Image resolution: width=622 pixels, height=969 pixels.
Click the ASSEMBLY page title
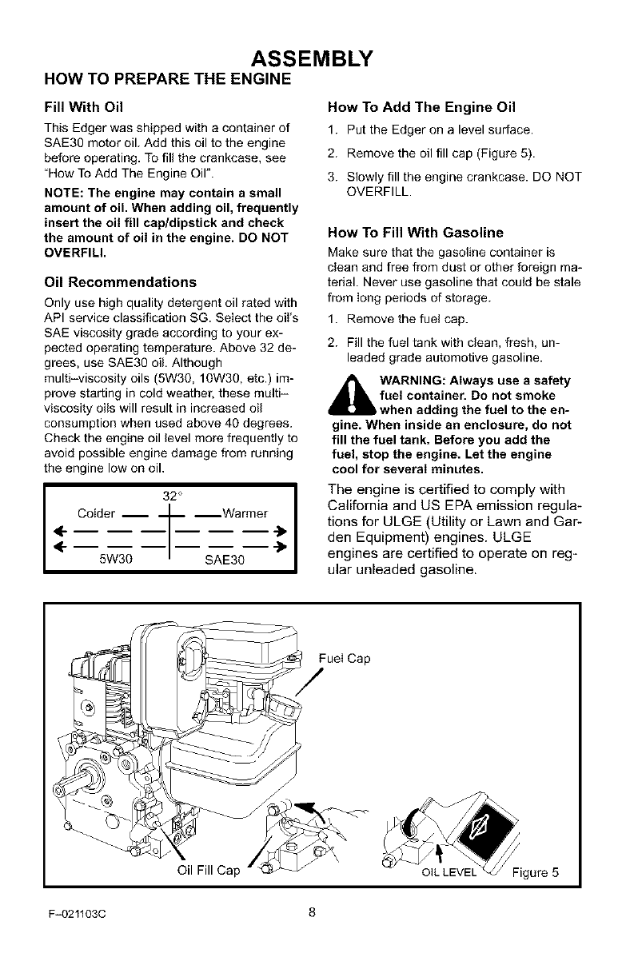pyautogui.click(x=311, y=58)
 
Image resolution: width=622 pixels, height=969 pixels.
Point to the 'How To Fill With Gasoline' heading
pyautogui.click(x=416, y=233)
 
